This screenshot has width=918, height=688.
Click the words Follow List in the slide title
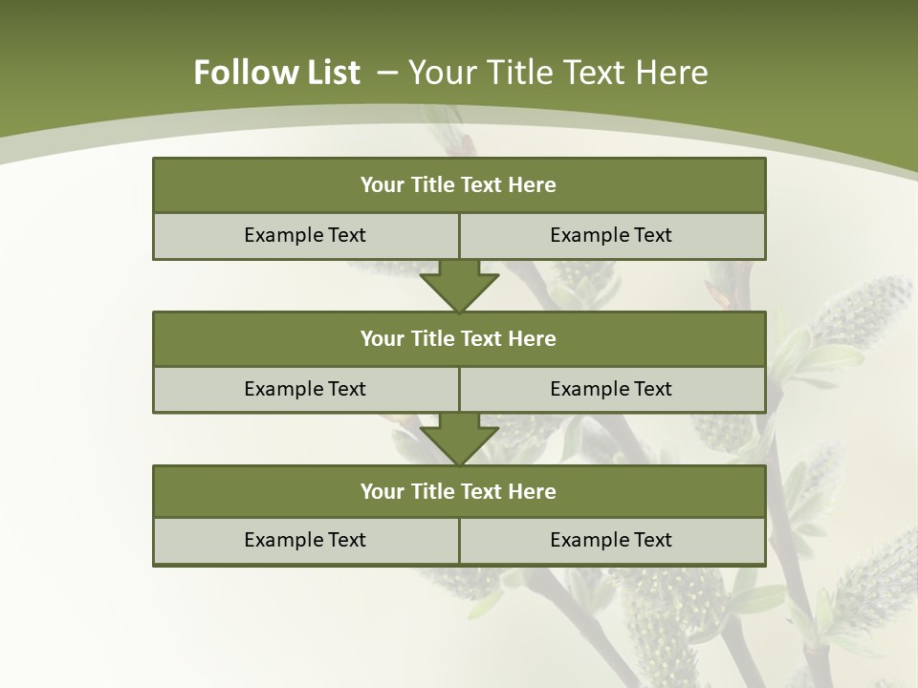[276, 73]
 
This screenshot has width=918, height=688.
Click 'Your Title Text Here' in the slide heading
[557, 73]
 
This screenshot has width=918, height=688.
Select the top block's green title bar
[459, 185]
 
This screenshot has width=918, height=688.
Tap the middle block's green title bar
[459, 339]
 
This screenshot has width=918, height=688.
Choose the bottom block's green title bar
[459, 492]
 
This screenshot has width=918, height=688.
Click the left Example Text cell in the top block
[305, 235]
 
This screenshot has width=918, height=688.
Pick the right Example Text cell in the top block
[611, 235]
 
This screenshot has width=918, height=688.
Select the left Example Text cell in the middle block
[305, 389]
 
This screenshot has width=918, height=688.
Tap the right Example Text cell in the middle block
[611, 389]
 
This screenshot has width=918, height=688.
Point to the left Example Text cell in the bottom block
[305, 540]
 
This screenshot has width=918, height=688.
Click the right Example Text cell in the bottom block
[611, 540]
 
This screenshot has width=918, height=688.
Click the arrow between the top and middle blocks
[459, 286]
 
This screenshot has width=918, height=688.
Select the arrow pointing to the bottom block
[459, 440]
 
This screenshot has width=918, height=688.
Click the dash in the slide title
[387, 73]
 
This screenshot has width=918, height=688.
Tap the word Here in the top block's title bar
[533, 185]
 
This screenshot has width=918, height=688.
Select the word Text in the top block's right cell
[653, 235]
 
